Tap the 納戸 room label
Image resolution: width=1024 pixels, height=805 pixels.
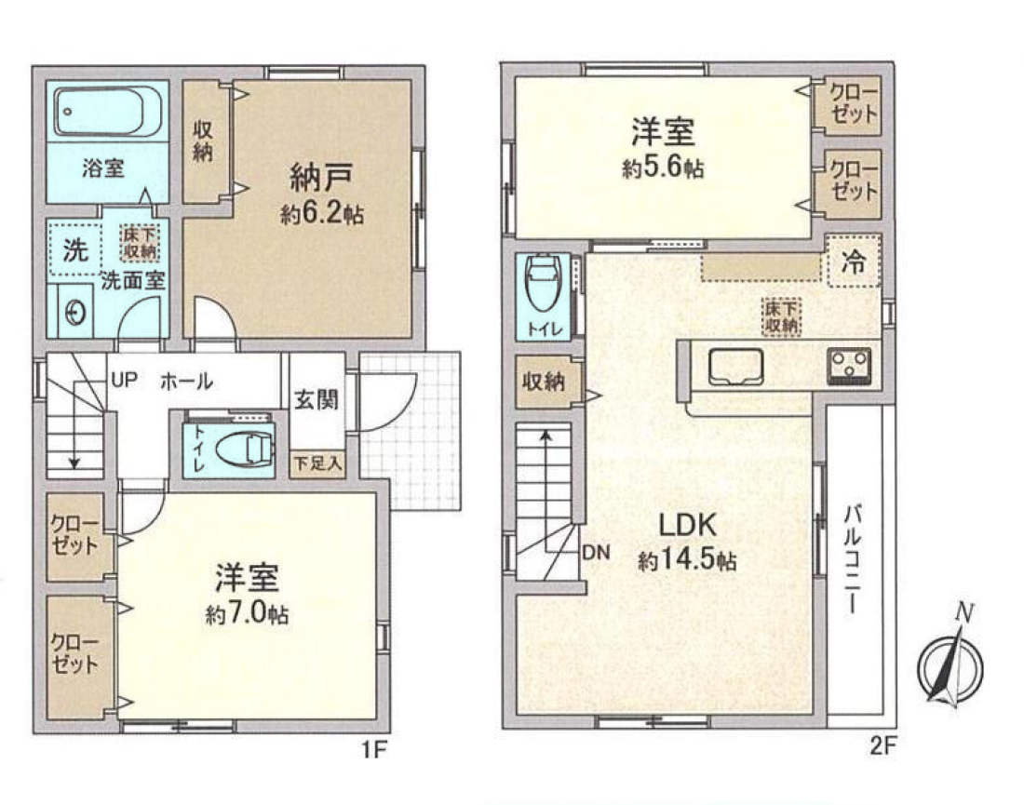point(321,177)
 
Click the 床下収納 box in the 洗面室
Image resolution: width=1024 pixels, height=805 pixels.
point(139,243)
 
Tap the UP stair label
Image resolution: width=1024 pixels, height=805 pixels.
point(124,380)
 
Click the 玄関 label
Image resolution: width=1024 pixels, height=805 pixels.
point(317,399)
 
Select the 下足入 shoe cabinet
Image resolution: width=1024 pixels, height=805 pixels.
point(317,464)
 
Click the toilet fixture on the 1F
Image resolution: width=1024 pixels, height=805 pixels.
point(243,449)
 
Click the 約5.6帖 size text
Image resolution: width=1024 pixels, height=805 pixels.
point(663,168)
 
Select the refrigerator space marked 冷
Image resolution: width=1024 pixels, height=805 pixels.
point(854,262)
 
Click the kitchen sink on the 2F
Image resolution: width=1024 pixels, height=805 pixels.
point(736,367)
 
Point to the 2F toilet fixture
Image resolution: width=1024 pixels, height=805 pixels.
point(543,284)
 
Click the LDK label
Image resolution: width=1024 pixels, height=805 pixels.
point(688,526)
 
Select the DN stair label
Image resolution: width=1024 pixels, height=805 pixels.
point(596,553)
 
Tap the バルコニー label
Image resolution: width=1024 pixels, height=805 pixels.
point(852,559)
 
